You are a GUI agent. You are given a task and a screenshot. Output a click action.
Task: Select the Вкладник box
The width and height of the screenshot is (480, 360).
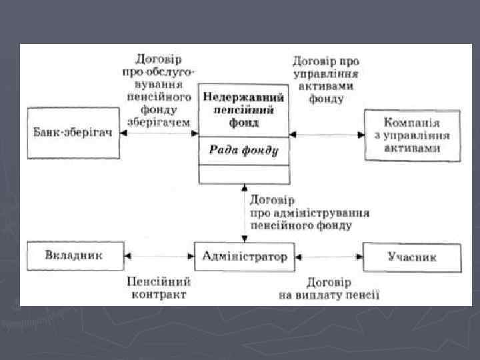coord(75,255)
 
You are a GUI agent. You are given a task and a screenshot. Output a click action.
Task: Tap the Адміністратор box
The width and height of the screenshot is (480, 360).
coord(245,255)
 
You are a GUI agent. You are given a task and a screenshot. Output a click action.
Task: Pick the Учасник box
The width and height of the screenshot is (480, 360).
coord(412,256)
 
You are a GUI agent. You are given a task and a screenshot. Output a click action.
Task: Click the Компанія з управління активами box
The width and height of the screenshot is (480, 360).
coord(412,135)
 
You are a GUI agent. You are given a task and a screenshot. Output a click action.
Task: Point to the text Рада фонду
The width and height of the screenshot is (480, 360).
coord(244,150)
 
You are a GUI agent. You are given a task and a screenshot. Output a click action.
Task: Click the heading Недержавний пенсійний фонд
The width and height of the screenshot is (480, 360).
coord(244,110)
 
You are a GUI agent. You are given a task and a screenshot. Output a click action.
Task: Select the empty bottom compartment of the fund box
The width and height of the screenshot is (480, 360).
coord(244,175)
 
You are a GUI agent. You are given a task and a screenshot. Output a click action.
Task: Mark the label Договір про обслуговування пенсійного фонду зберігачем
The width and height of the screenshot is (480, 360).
coord(157,91)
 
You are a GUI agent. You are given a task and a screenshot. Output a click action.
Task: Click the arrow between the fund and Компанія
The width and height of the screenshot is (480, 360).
coord(327,135)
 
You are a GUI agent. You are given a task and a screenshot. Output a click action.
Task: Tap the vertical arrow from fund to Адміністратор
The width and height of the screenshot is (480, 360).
coord(244,213)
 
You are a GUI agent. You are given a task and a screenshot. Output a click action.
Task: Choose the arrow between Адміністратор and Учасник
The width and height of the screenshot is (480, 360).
coord(329,255)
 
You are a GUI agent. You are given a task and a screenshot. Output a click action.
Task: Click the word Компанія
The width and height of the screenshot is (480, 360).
coord(412,123)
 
